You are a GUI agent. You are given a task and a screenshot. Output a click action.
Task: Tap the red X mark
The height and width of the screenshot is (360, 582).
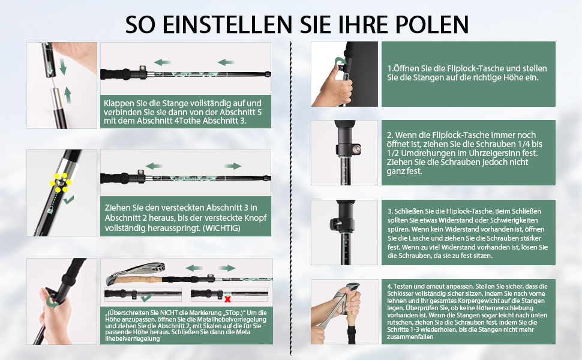tap(227, 299)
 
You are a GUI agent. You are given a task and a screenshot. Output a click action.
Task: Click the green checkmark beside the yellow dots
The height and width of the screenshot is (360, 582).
tap(68, 200)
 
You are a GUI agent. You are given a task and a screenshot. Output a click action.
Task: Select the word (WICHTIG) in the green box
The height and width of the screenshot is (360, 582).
tap(221, 228)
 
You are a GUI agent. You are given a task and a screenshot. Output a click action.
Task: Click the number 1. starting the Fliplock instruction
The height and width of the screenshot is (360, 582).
tap(391, 68)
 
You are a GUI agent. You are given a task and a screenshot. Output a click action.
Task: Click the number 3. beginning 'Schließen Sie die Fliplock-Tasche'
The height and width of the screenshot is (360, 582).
tap(390, 211)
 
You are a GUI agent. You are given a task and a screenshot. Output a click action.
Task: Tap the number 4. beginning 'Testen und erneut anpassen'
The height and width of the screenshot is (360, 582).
tap(389, 286)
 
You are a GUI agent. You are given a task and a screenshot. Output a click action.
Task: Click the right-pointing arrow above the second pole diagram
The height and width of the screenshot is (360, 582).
tap(233, 166)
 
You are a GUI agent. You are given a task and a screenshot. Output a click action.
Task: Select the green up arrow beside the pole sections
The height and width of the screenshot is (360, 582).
tap(68, 95)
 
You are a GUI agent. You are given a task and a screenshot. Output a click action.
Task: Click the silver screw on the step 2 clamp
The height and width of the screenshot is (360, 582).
tap(357, 149)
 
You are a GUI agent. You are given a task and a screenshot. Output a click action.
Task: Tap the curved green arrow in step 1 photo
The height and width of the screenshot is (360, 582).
tap(340, 61)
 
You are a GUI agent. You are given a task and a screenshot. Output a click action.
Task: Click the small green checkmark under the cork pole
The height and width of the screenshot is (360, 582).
tap(146, 297)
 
